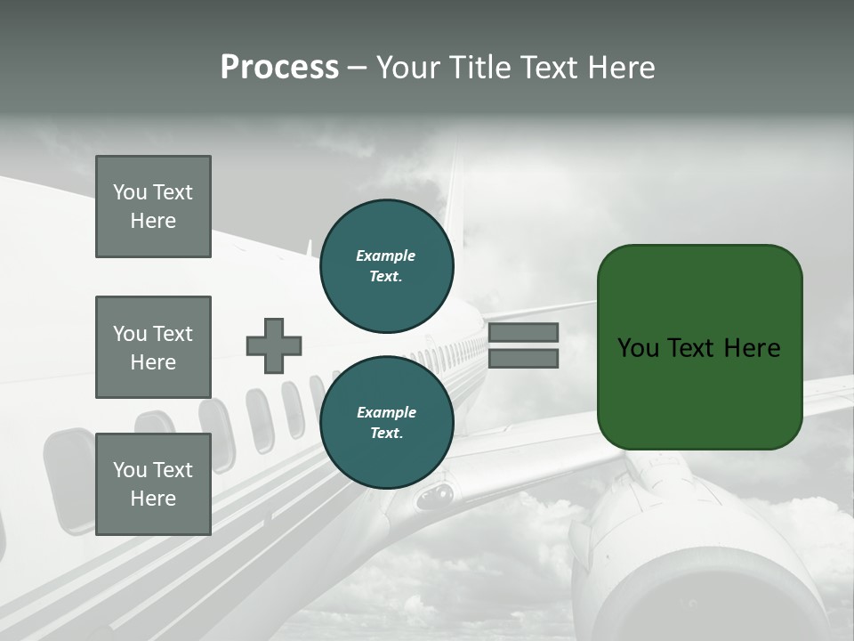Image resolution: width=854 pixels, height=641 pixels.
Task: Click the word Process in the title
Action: [279, 68]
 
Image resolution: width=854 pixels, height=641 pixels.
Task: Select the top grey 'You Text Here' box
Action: [153, 207]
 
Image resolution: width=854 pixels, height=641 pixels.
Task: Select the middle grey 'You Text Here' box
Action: [153, 347]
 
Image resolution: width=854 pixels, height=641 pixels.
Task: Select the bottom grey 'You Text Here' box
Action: [153, 484]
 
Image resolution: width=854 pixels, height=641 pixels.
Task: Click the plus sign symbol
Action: [274, 345]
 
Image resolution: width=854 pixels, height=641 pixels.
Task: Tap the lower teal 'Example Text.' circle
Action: [386, 423]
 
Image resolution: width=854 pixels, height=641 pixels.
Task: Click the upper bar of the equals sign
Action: [523, 332]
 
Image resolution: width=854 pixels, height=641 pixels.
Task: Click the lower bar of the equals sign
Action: [523, 359]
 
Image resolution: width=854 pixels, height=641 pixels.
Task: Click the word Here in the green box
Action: [752, 348]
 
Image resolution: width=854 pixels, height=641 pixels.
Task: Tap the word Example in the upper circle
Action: [386, 256]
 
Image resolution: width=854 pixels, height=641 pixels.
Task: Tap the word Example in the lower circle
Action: [386, 412]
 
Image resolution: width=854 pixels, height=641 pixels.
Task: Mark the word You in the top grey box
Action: [130, 192]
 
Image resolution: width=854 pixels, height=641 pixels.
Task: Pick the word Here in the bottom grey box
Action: [153, 499]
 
